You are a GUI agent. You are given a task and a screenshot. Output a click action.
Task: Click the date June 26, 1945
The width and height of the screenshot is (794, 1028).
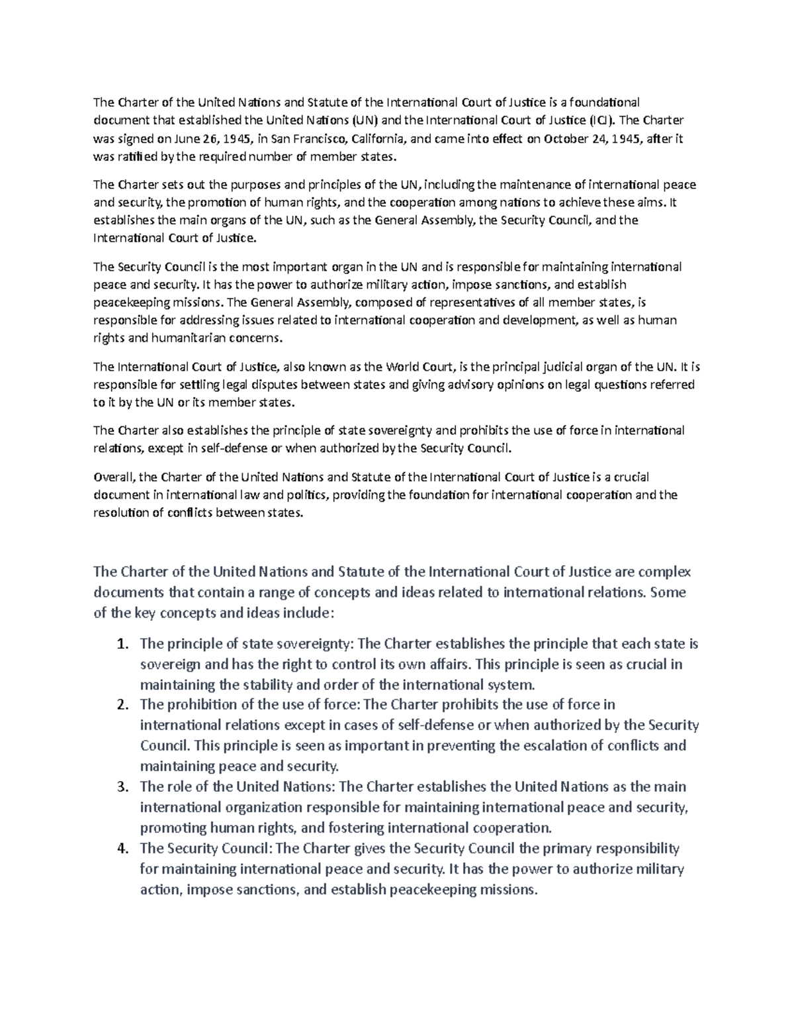pos(206,138)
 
